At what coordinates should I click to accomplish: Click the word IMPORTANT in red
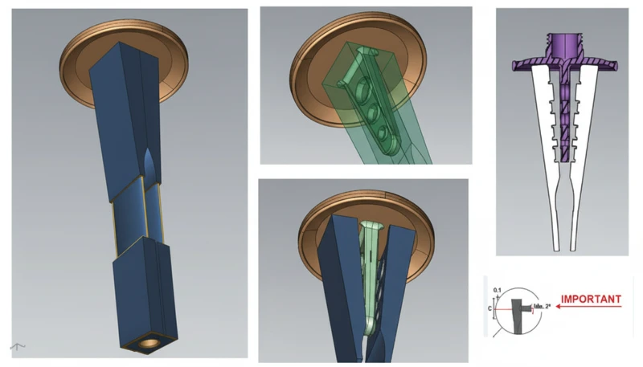tap(593, 300)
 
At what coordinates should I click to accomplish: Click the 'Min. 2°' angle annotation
tap(530, 307)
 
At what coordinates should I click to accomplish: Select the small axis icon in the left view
tap(17, 346)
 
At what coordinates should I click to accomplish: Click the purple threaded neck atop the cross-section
tap(562, 44)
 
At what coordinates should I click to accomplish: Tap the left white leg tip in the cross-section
tap(555, 241)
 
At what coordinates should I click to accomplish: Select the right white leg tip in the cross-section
tap(573, 241)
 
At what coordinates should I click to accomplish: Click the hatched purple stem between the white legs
tap(563, 112)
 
